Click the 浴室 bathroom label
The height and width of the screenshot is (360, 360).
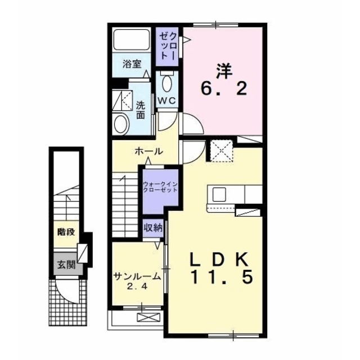132,64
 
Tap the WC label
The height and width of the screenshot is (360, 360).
166,100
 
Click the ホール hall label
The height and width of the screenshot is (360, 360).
149,151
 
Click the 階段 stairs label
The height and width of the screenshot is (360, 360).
66,231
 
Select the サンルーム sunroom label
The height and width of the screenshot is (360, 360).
137,276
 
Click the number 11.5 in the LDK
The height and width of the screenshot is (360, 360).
220,277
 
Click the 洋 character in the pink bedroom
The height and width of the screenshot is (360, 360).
223,70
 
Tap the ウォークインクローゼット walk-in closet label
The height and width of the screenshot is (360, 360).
160,187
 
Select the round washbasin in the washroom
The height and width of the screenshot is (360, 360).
120,124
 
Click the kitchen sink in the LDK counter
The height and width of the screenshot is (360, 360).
219,194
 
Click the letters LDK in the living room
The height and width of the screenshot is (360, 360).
219,258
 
